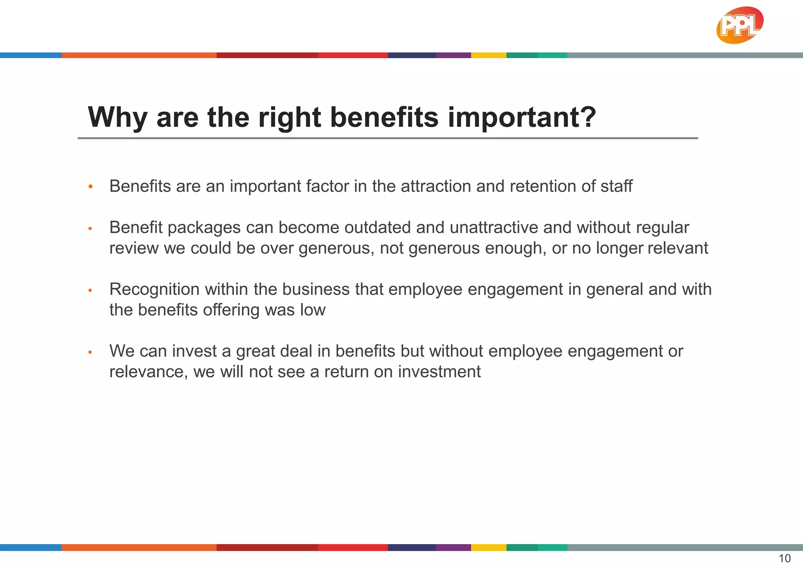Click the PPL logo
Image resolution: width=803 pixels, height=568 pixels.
tap(739, 25)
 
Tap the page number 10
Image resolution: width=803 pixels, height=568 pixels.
tap(785, 558)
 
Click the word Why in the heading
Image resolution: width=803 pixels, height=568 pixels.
tap(118, 117)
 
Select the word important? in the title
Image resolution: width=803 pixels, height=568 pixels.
tap(521, 117)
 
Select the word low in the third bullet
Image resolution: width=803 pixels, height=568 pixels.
tap(313, 310)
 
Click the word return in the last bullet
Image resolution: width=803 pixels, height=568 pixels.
tap(346, 372)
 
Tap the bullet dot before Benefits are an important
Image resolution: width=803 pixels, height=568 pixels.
tap(91, 187)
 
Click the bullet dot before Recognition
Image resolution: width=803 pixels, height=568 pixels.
tap(90, 290)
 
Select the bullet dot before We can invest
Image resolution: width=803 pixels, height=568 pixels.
tap(90, 352)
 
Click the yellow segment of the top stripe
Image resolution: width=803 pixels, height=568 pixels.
tap(489, 55)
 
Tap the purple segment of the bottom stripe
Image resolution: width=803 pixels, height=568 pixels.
tap(453, 547)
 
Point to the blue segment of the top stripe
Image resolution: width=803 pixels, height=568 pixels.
tap(31, 55)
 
